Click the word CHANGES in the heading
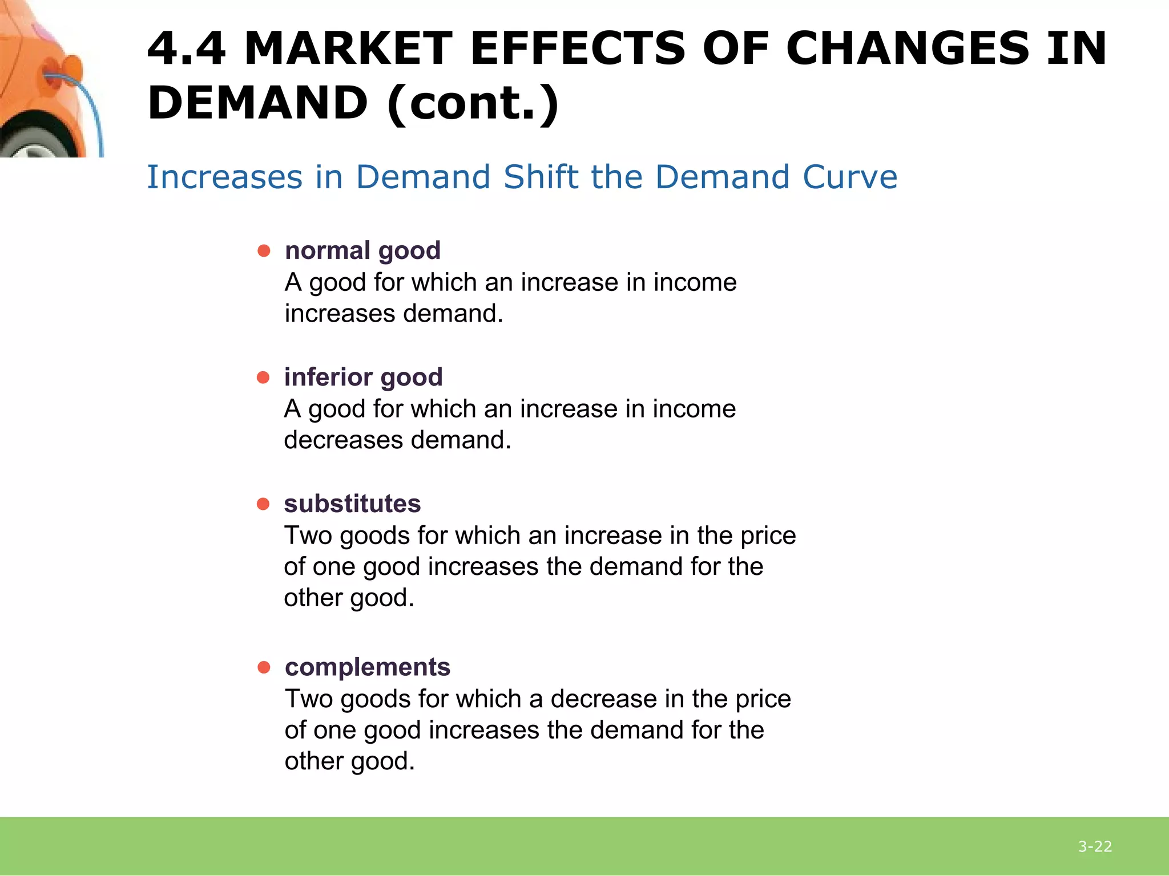click(x=908, y=49)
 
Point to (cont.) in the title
click(x=473, y=104)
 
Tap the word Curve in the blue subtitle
click(x=849, y=177)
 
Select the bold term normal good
click(x=362, y=251)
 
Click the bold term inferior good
click(x=363, y=378)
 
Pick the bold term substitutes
click(x=352, y=504)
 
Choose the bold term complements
click(x=368, y=667)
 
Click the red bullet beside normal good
click(x=264, y=251)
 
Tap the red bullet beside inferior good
click(x=263, y=378)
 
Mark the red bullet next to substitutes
click(x=263, y=504)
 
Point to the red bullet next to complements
click(x=264, y=667)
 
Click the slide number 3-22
click(x=1095, y=847)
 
